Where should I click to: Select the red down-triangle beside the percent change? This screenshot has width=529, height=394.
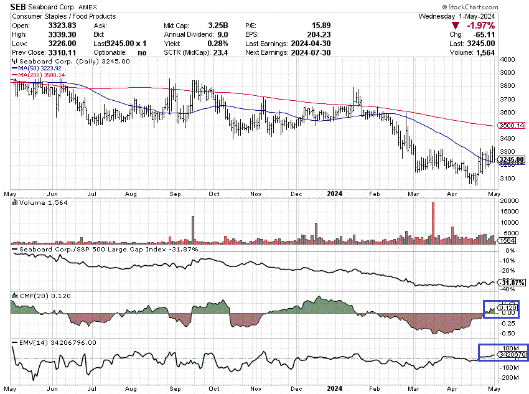pyautogui.click(x=456, y=26)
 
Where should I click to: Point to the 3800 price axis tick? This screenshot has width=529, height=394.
pyautogui.click(x=508, y=86)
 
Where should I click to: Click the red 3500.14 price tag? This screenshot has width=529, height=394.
pyautogui.click(x=512, y=126)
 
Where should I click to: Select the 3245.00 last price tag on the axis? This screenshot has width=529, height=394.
pyautogui.click(x=512, y=159)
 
